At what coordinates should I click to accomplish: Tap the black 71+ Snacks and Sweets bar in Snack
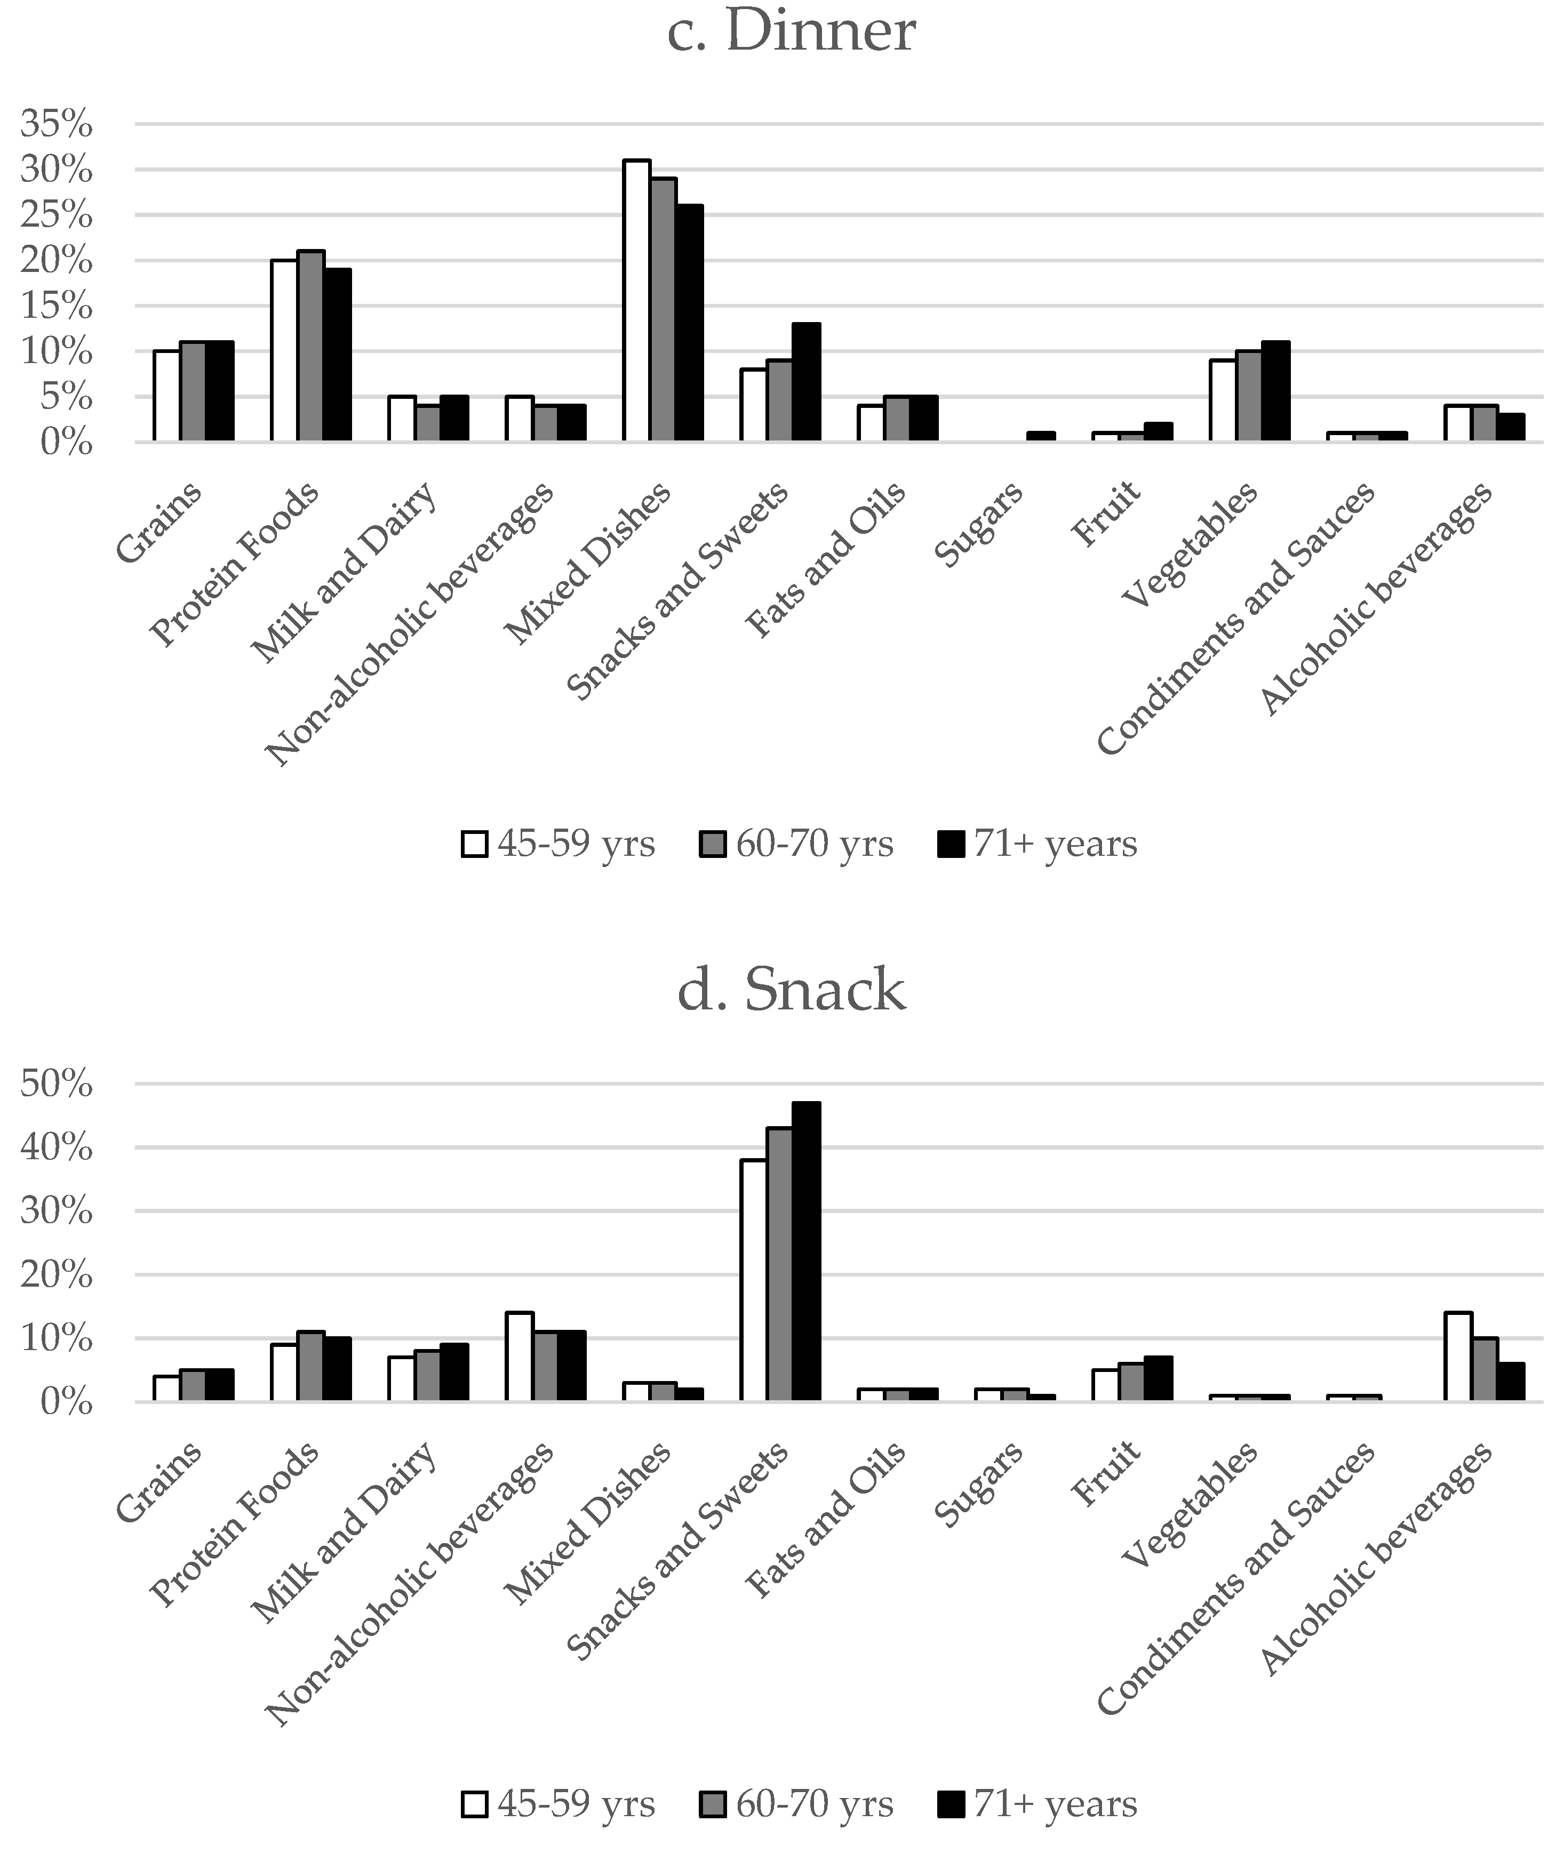[806, 1251]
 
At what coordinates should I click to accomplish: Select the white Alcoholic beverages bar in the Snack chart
[1458, 1357]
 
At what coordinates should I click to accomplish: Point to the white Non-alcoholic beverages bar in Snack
[518, 1357]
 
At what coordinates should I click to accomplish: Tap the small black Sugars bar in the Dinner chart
[1041, 436]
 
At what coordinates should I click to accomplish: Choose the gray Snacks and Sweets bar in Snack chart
[779, 1265]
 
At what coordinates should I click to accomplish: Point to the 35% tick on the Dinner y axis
[56, 125]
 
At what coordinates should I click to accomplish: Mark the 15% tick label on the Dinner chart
[56, 307]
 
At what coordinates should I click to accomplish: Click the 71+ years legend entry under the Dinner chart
[1038, 844]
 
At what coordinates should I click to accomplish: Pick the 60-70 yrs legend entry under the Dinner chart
[797, 844]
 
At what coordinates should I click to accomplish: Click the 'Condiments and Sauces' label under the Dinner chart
[1235, 619]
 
